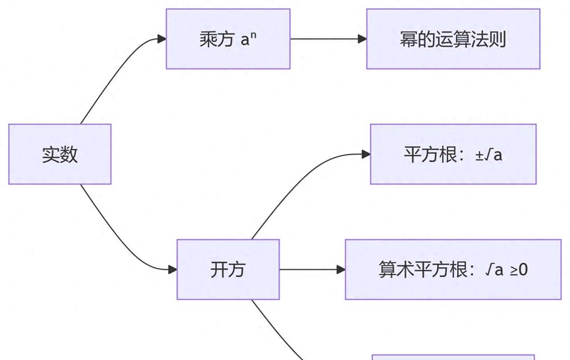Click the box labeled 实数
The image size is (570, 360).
[60, 154]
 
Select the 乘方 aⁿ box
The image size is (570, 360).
[228, 39]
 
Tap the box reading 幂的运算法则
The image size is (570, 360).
[453, 39]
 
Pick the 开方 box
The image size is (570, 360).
[228, 269]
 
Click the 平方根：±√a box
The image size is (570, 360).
[453, 154]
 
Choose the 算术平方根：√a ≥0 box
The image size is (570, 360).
[453, 269]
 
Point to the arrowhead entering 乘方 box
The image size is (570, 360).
[162, 39]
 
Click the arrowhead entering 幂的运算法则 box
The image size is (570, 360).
[362, 39]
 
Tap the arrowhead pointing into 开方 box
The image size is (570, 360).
[173, 269]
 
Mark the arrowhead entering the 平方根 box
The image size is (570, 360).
[366, 154]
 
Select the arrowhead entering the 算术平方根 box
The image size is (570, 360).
[341, 269]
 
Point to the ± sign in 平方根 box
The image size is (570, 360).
[479, 155]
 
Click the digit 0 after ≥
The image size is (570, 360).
[523, 270]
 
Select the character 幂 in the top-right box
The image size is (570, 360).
[408, 39]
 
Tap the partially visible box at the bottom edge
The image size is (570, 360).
[453, 357]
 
